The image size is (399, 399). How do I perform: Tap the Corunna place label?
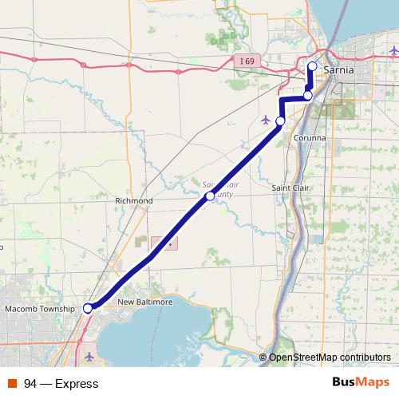coord(310,137)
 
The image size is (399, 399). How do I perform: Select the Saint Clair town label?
coord(290,188)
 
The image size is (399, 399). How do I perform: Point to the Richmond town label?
coord(133,200)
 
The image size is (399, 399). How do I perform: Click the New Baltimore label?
coord(145,302)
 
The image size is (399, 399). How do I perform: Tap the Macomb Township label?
coord(39,308)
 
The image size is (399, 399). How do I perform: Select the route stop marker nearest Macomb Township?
coord(88,307)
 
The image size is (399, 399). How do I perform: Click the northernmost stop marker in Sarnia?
coord(312,66)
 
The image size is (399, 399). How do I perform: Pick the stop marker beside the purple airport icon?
coord(280,120)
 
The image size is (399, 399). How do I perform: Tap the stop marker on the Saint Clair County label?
coord(210,196)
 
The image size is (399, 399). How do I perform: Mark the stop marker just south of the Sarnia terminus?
coord(308,96)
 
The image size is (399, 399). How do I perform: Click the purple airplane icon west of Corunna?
coord(266,120)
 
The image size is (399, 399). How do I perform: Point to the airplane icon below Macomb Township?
coord(89,355)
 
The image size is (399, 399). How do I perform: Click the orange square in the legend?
coord(12,384)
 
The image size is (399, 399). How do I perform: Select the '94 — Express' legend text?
coord(61,384)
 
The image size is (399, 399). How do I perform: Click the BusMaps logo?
coord(361,383)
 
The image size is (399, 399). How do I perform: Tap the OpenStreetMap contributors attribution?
coord(330,357)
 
